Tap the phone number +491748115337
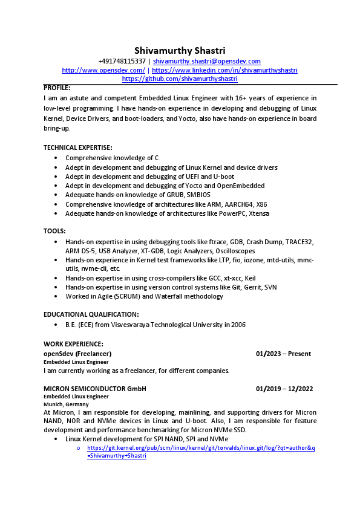coord(122,61)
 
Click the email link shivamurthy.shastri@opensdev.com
coord(207,61)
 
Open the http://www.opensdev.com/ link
coord(103,70)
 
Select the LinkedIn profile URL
coord(224,70)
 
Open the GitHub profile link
coord(180,79)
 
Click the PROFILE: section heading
coord(57,88)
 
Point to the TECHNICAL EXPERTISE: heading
coord(77,148)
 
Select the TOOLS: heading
coord(54,231)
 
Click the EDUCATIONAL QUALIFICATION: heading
coord(91,314)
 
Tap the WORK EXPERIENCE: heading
coord(73,343)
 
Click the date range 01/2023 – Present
coord(283,354)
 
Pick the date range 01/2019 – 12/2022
coord(284,389)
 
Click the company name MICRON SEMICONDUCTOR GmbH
coord(95,389)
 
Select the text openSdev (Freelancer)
coord(77,354)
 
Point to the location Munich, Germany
coord(66,404)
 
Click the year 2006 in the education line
coord(238,325)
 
